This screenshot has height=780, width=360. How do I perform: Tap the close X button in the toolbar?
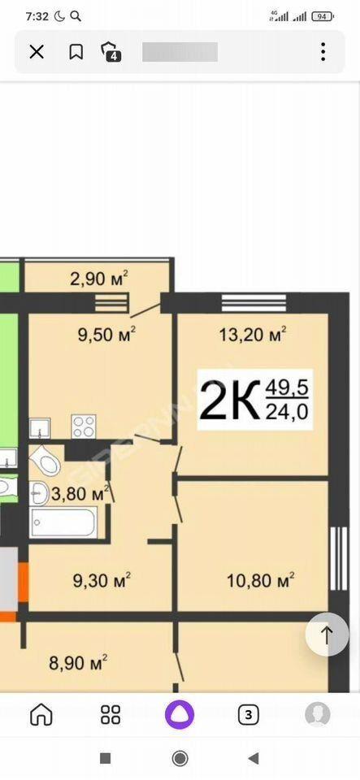click(x=37, y=52)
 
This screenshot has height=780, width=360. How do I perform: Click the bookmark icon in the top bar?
click(x=76, y=52)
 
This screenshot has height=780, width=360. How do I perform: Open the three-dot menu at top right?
click(x=323, y=52)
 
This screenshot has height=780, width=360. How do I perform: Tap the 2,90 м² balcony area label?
click(x=99, y=279)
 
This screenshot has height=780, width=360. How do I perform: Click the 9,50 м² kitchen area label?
click(x=107, y=335)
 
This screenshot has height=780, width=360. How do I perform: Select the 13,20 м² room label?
click(x=253, y=335)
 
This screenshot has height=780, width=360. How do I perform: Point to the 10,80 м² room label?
click(x=261, y=580)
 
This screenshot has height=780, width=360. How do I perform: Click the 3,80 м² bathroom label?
click(x=80, y=494)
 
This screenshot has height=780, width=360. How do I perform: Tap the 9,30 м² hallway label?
click(x=102, y=580)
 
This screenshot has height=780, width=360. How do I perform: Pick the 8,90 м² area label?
click(x=79, y=663)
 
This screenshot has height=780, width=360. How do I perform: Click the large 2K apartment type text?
click(x=230, y=400)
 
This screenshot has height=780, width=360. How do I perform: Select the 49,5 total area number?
click(x=287, y=387)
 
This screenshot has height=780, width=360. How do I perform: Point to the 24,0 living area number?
click(x=287, y=411)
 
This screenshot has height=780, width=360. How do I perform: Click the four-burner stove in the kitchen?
click(x=84, y=427)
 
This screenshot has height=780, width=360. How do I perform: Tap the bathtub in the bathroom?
click(x=63, y=522)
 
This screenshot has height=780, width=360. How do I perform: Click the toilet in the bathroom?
click(x=46, y=461)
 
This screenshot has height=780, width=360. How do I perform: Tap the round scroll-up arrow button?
click(x=327, y=635)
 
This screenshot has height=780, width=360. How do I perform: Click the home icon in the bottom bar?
click(x=41, y=715)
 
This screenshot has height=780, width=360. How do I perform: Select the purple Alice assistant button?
click(x=180, y=715)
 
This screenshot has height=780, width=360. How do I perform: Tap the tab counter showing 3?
click(x=249, y=715)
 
